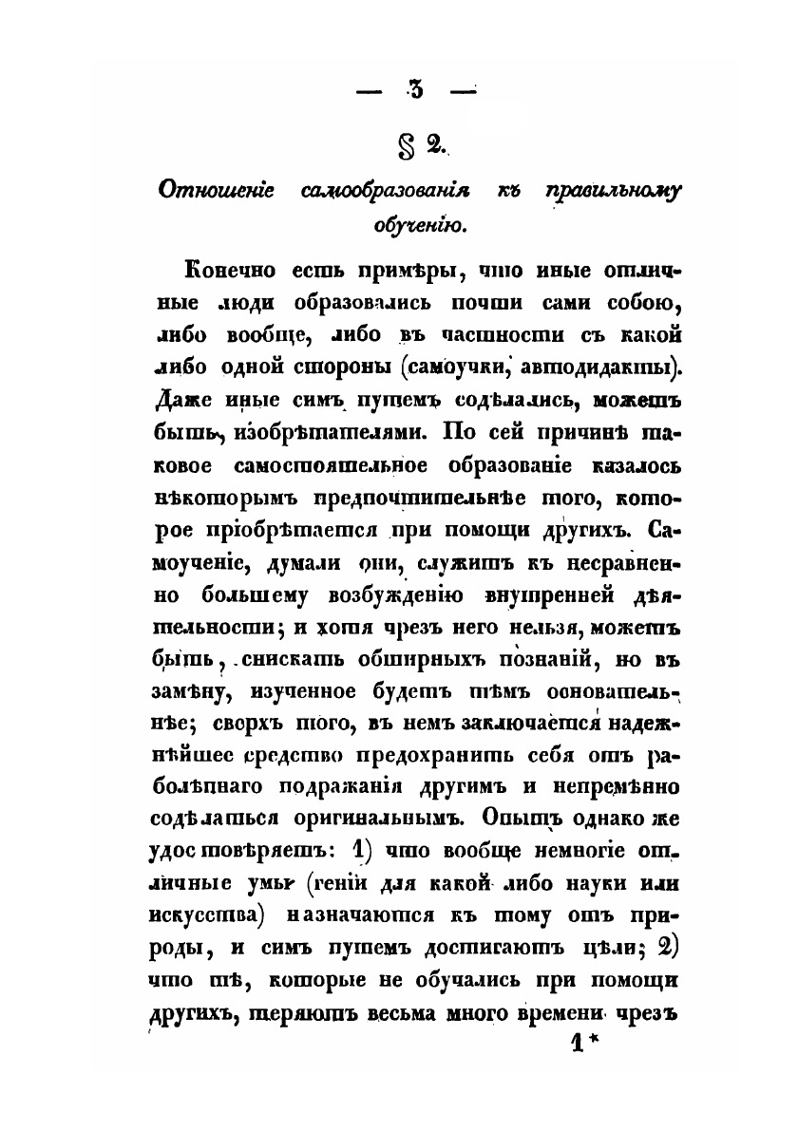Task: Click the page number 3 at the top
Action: [416, 91]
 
